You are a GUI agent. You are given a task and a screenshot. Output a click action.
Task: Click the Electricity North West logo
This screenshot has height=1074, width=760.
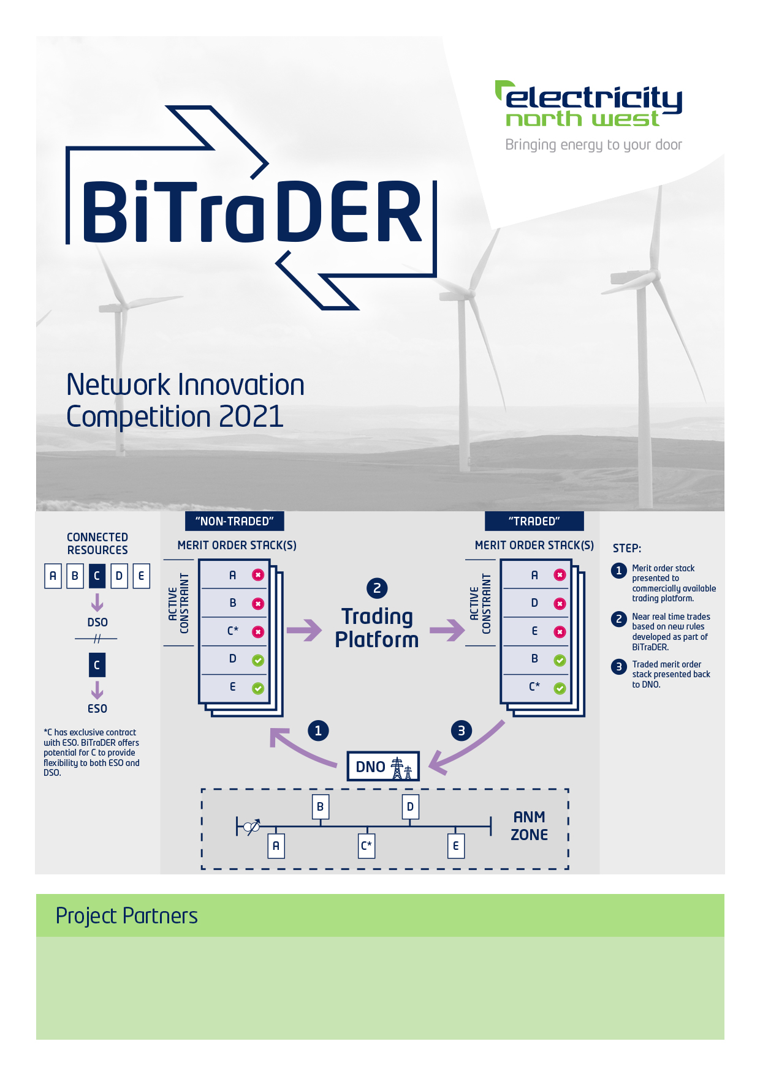pyautogui.click(x=589, y=116)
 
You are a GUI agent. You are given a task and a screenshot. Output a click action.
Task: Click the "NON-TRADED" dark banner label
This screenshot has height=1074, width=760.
pyautogui.click(x=234, y=521)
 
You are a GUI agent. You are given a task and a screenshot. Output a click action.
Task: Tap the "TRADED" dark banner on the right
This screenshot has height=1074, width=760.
pyautogui.click(x=534, y=521)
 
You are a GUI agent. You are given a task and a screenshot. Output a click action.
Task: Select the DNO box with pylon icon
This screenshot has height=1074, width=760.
pyautogui.click(x=383, y=766)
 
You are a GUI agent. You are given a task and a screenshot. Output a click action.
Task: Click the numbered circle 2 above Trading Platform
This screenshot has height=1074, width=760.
pyautogui.click(x=377, y=588)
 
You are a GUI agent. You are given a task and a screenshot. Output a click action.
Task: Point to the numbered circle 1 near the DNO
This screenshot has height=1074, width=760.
pyautogui.click(x=318, y=730)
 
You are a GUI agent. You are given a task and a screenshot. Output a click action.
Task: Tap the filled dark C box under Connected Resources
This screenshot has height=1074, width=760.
pyautogui.click(x=97, y=576)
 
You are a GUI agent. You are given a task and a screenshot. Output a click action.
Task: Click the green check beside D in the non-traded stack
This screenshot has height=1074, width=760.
pyautogui.click(x=258, y=660)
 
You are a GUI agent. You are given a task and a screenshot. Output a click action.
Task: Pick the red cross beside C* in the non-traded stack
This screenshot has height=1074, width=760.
pyautogui.click(x=258, y=632)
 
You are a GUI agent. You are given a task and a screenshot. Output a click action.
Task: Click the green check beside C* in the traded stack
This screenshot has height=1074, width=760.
pyautogui.click(x=560, y=688)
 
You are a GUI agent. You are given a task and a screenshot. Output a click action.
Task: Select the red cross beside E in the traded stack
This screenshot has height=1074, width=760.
pyautogui.click(x=560, y=632)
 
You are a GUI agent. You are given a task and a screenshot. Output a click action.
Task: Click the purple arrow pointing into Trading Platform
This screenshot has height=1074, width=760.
pyautogui.click(x=304, y=630)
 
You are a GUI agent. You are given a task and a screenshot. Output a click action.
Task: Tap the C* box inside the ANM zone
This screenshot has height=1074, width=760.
pyautogui.click(x=367, y=846)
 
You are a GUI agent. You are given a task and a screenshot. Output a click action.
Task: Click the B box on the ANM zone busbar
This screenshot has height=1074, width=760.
pyautogui.click(x=320, y=807)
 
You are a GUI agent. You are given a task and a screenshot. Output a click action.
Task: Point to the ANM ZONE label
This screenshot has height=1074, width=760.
pyautogui.click(x=530, y=826)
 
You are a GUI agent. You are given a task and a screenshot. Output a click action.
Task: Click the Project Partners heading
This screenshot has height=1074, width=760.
pyautogui.click(x=127, y=916)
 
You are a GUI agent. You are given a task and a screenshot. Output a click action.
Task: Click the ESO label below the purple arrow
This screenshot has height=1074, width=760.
pyautogui.click(x=97, y=708)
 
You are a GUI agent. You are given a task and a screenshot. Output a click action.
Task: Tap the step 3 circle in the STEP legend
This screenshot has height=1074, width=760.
pyautogui.click(x=619, y=666)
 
